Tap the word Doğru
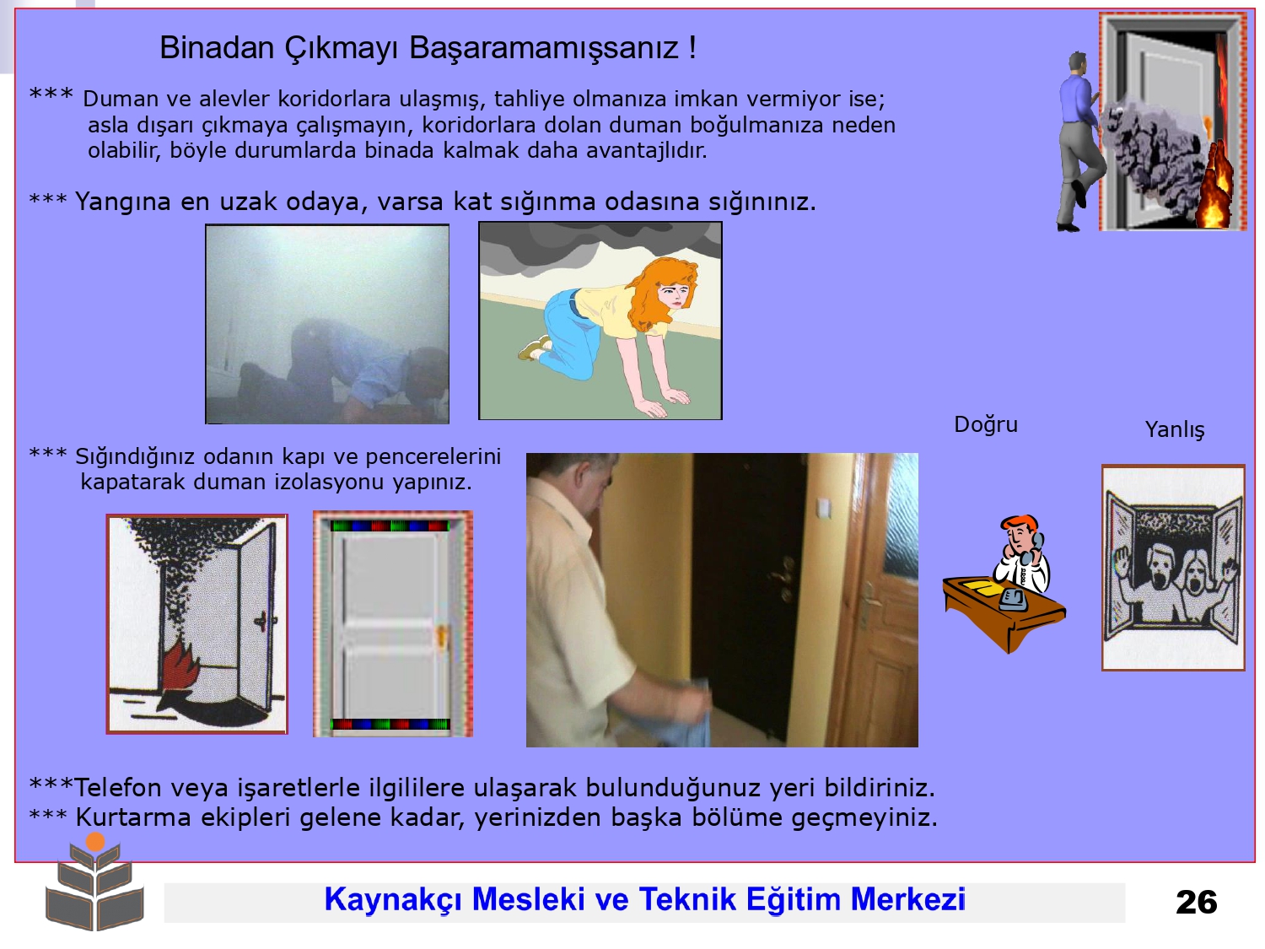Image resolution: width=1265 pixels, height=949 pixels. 986,425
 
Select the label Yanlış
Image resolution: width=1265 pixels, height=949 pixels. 1174,430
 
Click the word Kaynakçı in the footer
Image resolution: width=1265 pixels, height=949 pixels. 393,900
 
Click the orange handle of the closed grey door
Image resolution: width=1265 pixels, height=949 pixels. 442,637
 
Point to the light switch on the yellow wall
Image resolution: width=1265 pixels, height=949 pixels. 824,508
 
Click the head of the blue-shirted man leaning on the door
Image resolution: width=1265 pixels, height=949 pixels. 1077,63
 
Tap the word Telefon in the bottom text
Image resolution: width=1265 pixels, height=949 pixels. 118,788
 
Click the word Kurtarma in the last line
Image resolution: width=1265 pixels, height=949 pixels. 133,817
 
